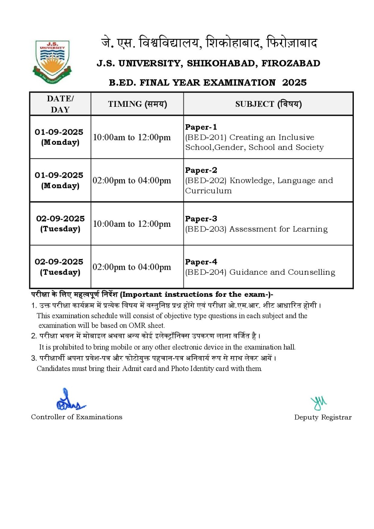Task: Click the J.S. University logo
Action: click(x=52, y=61)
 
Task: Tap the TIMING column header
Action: click(x=137, y=104)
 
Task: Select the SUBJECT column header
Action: click(x=268, y=104)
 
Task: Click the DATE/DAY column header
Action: click(x=60, y=104)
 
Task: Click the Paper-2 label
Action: click(x=201, y=170)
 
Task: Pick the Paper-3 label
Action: click(x=201, y=219)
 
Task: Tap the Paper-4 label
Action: click(x=201, y=262)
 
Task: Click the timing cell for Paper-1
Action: click(x=132, y=137)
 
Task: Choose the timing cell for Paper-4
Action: click(x=132, y=267)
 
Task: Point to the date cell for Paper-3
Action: click(x=60, y=224)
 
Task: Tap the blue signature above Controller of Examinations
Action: click(x=70, y=401)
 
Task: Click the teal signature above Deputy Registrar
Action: click(x=318, y=403)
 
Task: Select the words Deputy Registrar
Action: click(x=323, y=417)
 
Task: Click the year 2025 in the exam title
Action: click(x=294, y=83)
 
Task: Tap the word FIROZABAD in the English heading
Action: click(x=291, y=63)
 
